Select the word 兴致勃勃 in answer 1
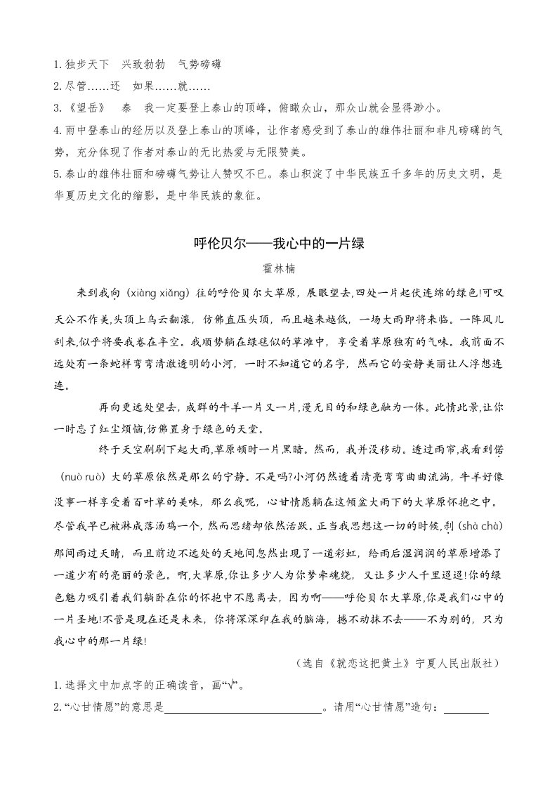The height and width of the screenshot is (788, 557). click(143, 65)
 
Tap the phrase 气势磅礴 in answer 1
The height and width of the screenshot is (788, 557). click(200, 65)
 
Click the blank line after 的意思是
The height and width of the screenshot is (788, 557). click(242, 710)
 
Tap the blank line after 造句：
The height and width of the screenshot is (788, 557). click(466, 710)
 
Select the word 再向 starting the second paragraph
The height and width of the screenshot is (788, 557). click(109, 407)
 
